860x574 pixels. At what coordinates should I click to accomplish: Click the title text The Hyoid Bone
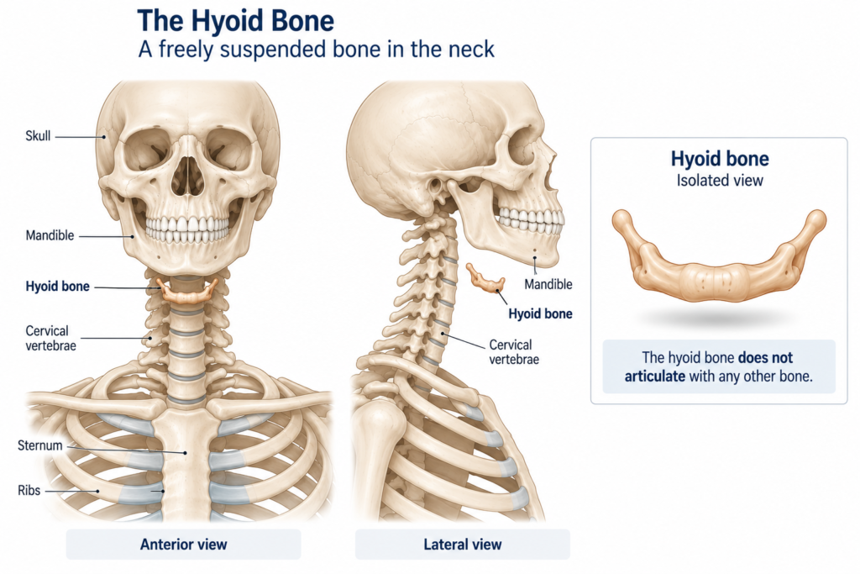(x=235, y=21)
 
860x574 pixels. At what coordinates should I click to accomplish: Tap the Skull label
(x=38, y=136)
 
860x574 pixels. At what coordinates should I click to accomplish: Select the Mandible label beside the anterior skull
(x=50, y=235)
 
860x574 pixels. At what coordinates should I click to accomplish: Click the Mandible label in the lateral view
(x=548, y=284)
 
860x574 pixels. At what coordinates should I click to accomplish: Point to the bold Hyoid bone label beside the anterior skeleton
(x=58, y=287)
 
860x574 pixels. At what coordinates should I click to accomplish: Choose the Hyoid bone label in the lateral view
(x=540, y=313)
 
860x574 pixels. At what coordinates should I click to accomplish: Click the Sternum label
(x=40, y=445)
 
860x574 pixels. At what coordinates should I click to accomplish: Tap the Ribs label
(x=29, y=490)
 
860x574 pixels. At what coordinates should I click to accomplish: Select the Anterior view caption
(x=183, y=545)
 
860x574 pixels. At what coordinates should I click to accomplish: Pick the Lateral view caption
(x=463, y=545)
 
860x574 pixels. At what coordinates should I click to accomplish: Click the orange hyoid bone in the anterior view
(x=187, y=292)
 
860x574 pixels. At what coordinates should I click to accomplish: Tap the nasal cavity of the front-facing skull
(x=187, y=176)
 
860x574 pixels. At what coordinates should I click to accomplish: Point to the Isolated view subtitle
(x=720, y=181)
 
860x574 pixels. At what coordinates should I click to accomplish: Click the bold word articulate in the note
(x=655, y=377)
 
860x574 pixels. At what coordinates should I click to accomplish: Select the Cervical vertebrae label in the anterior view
(x=50, y=338)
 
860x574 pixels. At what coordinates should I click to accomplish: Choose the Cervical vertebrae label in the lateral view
(x=514, y=352)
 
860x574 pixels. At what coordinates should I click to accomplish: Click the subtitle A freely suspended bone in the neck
(x=316, y=50)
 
